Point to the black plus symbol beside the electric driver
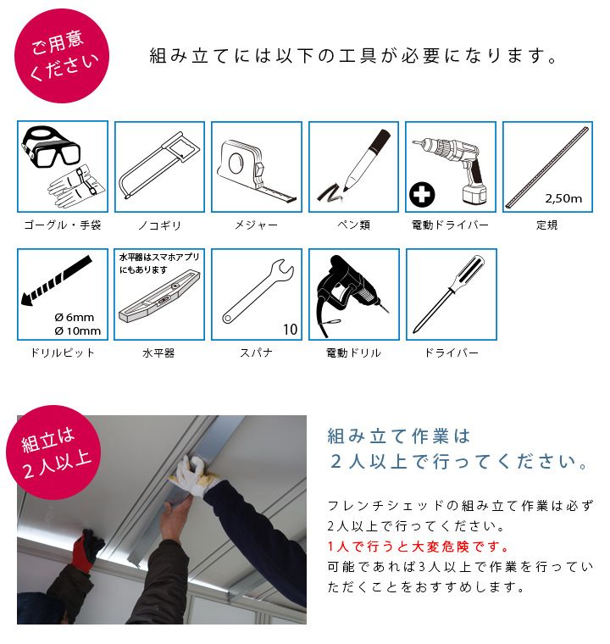click(421, 194)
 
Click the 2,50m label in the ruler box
click(563, 198)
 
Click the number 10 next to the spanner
click(290, 330)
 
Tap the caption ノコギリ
click(159, 225)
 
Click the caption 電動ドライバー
click(450, 225)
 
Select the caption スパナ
click(256, 353)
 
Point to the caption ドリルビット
click(63, 353)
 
